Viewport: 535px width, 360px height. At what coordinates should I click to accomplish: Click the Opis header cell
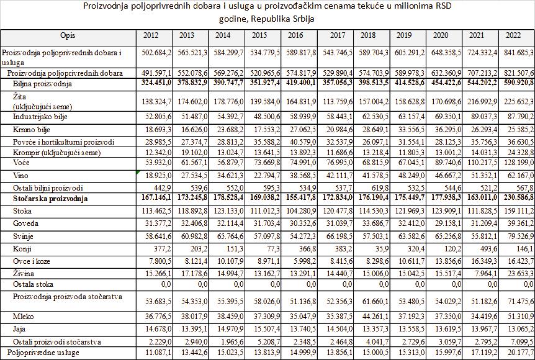point(68,35)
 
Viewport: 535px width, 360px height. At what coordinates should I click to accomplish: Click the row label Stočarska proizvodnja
point(50,199)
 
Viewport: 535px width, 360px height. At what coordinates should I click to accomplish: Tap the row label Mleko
point(24,317)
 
